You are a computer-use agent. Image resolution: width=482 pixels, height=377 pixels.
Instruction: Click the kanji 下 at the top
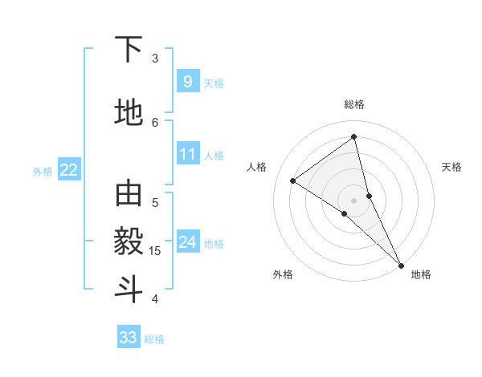[129, 51]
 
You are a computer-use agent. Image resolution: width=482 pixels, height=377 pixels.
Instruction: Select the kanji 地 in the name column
[129, 114]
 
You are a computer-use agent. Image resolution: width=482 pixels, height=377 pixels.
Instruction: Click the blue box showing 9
[187, 82]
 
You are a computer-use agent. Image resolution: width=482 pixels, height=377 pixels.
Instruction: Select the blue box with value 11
[187, 154]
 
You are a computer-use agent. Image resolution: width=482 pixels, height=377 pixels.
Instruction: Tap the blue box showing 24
[187, 242]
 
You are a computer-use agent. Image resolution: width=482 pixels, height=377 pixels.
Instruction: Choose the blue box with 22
[69, 170]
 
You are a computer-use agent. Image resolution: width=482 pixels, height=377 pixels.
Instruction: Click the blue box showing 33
[129, 338]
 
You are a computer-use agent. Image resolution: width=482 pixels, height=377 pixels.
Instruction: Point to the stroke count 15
[156, 251]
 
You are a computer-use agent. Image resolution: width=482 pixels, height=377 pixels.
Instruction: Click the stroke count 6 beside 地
[155, 122]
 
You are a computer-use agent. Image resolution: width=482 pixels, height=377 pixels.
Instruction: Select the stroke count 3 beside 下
[155, 59]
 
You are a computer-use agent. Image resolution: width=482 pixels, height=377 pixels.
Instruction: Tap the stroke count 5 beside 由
[155, 202]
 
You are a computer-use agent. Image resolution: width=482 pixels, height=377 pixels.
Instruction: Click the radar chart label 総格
[353, 104]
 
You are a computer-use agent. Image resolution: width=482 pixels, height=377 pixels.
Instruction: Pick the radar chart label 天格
[451, 167]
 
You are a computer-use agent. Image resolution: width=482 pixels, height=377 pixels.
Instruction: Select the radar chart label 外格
[283, 274]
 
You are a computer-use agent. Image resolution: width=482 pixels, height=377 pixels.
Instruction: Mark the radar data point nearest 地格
[401, 265]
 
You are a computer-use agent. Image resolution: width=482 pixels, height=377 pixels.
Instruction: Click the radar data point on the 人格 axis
[292, 180]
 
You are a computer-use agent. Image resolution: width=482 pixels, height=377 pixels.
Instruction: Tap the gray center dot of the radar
[353, 200]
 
